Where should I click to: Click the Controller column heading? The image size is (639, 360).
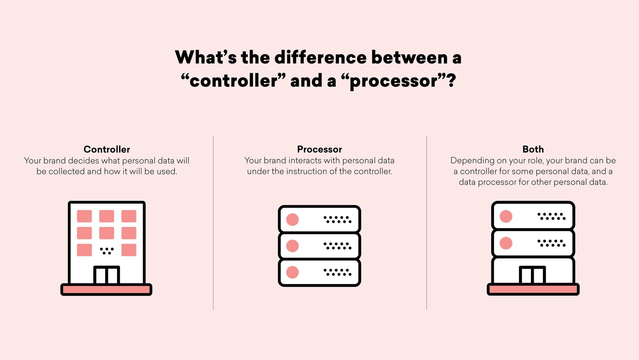107,149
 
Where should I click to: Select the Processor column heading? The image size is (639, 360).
319,149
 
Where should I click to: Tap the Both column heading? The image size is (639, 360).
533,149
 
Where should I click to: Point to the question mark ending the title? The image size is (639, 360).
451,81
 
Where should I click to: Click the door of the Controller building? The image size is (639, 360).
106,275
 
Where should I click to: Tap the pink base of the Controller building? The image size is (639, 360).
106,289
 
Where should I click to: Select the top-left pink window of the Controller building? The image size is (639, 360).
84,216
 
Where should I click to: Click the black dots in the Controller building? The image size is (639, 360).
107,251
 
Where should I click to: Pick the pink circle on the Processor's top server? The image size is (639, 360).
292,220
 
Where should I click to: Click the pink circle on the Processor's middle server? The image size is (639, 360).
292,246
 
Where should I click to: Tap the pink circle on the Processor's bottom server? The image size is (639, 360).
292,272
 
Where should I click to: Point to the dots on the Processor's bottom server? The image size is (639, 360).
337,272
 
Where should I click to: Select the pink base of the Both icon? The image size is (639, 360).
533,289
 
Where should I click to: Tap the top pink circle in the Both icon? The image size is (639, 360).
506,216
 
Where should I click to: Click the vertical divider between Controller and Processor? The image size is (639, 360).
213,223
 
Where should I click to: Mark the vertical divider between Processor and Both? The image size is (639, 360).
427,223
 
